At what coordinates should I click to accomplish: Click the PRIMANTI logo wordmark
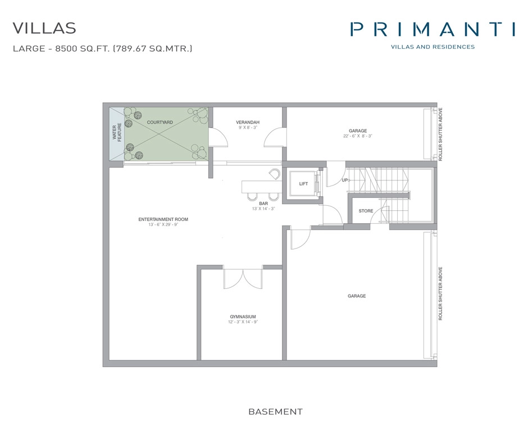[x=433, y=29]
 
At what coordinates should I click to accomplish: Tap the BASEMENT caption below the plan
[x=275, y=412]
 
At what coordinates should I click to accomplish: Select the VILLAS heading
[x=44, y=28]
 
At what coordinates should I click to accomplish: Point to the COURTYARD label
[x=160, y=122]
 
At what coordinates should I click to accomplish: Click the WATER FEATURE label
[x=117, y=133]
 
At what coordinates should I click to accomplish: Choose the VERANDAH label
[x=247, y=122]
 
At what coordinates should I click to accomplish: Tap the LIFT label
[x=303, y=184]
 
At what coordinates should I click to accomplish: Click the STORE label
[x=366, y=211]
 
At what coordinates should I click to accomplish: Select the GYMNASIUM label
[x=243, y=316]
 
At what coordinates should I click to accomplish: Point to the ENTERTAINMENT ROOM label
[x=163, y=219]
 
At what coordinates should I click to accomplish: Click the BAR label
[x=263, y=203]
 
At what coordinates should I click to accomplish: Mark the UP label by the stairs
[x=345, y=180]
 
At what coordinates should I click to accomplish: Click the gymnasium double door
[x=243, y=279]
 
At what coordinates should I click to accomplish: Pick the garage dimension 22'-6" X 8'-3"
[x=358, y=136]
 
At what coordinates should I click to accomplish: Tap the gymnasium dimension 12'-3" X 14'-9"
[x=243, y=322]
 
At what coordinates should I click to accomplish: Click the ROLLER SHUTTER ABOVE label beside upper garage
[x=441, y=134]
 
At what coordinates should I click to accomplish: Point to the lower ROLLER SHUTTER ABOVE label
[x=441, y=293]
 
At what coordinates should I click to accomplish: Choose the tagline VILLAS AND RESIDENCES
[x=433, y=47]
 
